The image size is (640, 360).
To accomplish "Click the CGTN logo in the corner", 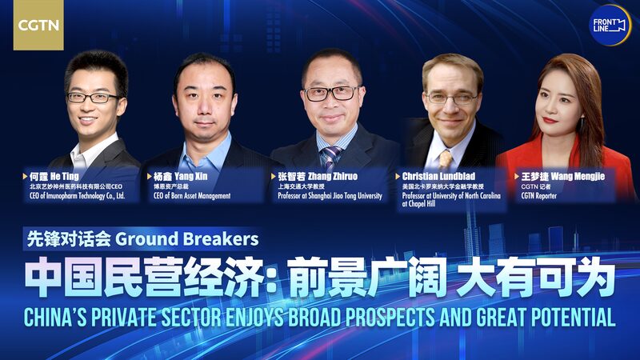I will pyautogui.click(x=38, y=25).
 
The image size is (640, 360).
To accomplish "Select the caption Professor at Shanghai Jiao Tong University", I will pyautogui.click(x=330, y=196).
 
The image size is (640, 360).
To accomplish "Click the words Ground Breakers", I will pyautogui.click(x=187, y=238).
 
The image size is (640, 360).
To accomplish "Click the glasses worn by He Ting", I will pyautogui.click(x=94, y=97).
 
